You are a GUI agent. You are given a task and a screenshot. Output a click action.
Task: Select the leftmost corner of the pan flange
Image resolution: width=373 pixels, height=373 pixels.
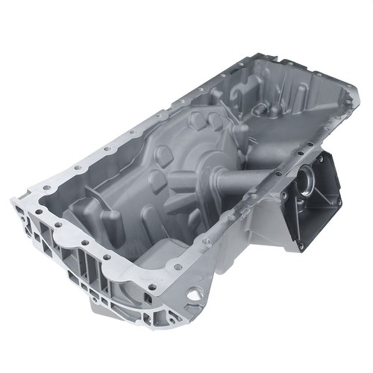[x=13, y=200]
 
